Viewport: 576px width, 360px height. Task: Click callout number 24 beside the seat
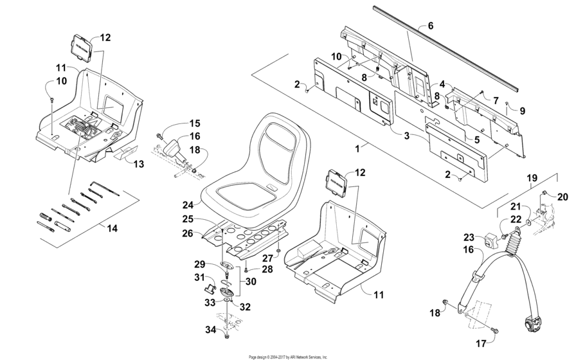click(x=188, y=205)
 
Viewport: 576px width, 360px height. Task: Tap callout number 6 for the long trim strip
click(x=430, y=26)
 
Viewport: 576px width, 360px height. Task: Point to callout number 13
click(x=138, y=165)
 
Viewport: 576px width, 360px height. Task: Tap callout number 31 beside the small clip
click(x=200, y=277)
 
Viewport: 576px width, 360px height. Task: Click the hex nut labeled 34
click(x=226, y=335)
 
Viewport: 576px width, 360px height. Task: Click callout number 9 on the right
click(x=522, y=111)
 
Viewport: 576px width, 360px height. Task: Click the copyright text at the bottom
click(x=288, y=357)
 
